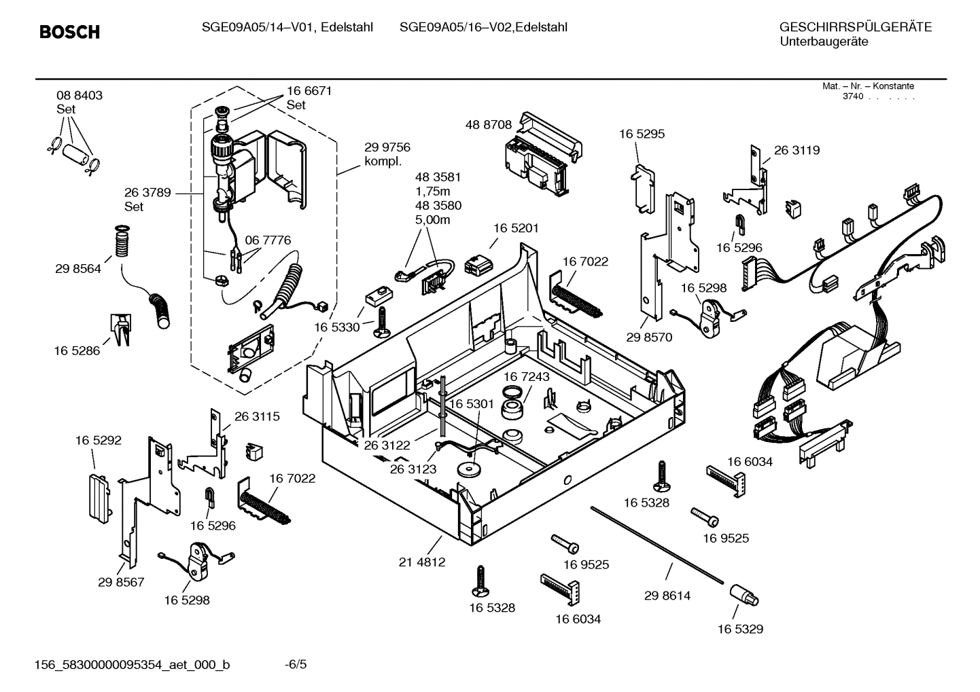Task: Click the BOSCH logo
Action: click(x=69, y=32)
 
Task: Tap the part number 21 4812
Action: click(x=421, y=562)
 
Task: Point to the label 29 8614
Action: click(x=667, y=596)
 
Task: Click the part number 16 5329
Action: click(x=740, y=629)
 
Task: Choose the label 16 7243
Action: click(x=526, y=376)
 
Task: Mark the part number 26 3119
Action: click(x=797, y=150)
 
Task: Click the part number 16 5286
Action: click(x=77, y=350)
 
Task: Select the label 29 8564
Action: click(x=78, y=268)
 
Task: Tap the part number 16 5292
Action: click(x=98, y=440)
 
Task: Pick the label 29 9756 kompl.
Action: click(x=387, y=154)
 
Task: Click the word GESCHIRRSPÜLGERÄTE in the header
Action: click(x=855, y=27)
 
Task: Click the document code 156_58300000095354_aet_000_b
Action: click(x=132, y=664)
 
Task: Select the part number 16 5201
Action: click(x=516, y=228)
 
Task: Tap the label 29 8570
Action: click(x=648, y=337)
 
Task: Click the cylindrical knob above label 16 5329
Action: click(x=744, y=596)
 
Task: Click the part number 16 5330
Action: click(x=336, y=327)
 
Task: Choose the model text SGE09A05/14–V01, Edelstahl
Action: click(x=287, y=27)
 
